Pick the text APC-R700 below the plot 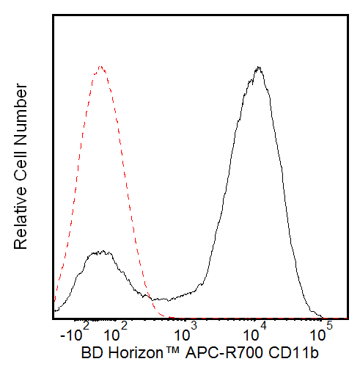pyautogui.click(x=224, y=355)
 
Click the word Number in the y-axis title pyautogui.click(x=22, y=117)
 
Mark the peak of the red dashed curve pyautogui.click(x=101, y=68)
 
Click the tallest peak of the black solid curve pyautogui.click(x=257, y=68)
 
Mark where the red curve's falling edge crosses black pyautogui.click(x=149, y=297)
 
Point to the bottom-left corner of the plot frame pyautogui.click(x=54, y=319)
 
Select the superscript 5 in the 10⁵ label pyautogui.click(x=329, y=326)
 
